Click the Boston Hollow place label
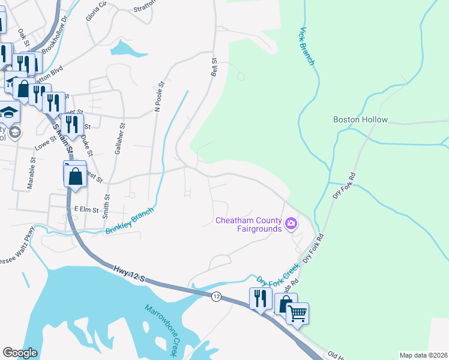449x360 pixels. click(x=360, y=119)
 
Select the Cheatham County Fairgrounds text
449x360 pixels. click(x=249, y=224)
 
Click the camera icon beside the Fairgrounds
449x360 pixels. click(x=291, y=224)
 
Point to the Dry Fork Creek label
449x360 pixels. click(x=278, y=272)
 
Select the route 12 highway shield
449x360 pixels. click(x=216, y=296)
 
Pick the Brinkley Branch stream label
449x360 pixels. click(x=130, y=220)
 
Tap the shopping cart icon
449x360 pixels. click(x=298, y=312)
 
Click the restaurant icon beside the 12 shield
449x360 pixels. click(x=260, y=298)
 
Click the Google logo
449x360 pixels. click(x=20, y=352)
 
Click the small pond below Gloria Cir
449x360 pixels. click(x=127, y=49)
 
